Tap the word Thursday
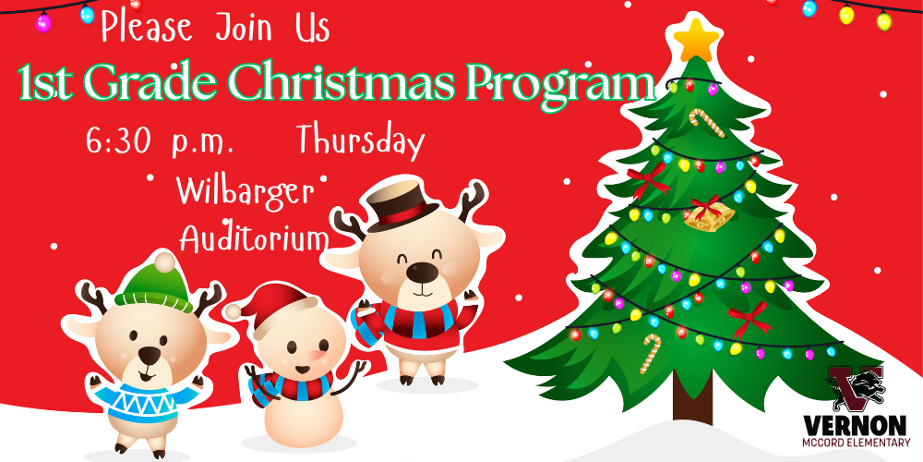tap(360, 141)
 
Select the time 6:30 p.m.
tap(159, 143)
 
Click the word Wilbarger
tap(245, 190)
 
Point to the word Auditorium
tap(254, 238)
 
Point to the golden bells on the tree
tap(709, 215)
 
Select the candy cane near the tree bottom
tap(653, 350)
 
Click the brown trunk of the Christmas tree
tap(692, 402)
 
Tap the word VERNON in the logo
tap(855, 424)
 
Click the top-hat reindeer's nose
tap(422, 271)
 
